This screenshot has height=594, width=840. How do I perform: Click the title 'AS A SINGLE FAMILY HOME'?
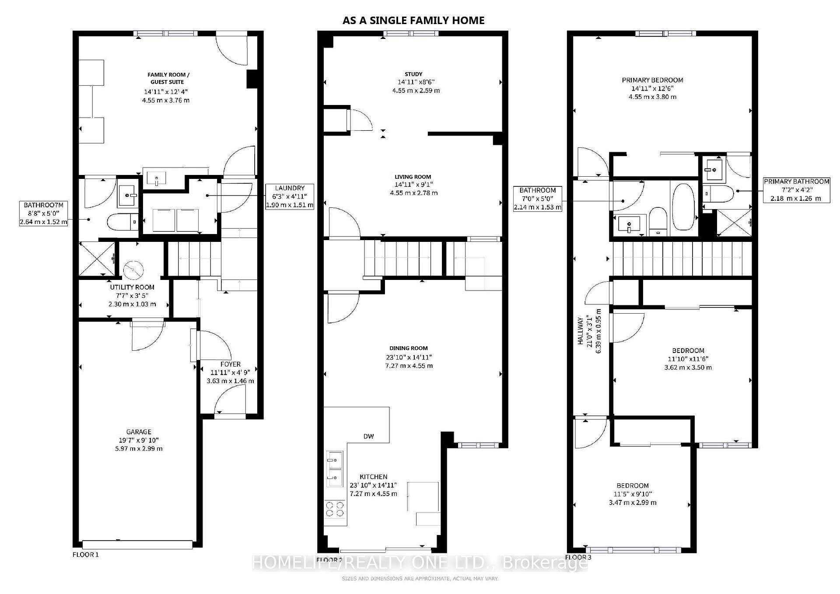click(x=413, y=20)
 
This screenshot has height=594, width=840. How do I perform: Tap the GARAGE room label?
click(x=139, y=432)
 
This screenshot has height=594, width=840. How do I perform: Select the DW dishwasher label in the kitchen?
click(x=368, y=436)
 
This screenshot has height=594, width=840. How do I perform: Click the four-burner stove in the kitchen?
click(x=335, y=510)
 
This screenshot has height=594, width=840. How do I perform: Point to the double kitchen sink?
click(x=334, y=468)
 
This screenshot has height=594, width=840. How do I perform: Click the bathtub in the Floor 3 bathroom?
click(x=683, y=207)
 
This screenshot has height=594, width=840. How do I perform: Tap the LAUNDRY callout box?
click(x=290, y=196)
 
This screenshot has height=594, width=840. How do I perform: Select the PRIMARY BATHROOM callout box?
click(x=796, y=190)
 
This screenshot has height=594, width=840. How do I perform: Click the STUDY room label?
click(x=413, y=74)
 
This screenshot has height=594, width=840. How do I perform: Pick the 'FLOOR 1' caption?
click(x=86, y=555)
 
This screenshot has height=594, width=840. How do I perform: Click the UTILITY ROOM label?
click(x=132, y=287)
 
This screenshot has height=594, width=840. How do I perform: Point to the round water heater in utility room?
click(x=133, y=270)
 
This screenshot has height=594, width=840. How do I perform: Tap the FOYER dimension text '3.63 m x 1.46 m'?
click(x=230, y=381)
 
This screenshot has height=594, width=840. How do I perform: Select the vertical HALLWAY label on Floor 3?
click(x=581, y=331)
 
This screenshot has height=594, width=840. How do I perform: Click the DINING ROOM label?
click(x=409, y=348)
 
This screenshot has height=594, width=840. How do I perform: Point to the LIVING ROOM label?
click(x=413, y=177)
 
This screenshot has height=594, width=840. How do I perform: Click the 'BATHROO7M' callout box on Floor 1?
click(x=44, y=213)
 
